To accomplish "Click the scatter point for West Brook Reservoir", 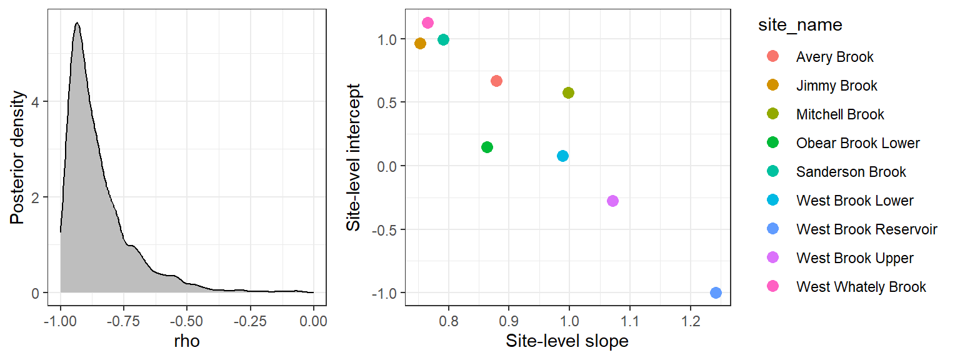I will [x=716, y=292].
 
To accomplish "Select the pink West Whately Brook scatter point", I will [x=428, y=23].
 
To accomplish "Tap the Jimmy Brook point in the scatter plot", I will [x=420, y=43].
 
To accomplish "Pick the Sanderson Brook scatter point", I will [x=443, y=40].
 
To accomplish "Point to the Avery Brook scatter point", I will [x=496, y=81].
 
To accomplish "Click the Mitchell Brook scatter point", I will [x=568, y=93].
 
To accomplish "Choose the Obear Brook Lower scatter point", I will [x=487, y=147].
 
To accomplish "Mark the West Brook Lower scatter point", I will [x=562, y=156].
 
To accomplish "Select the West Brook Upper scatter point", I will [x=612, y=201].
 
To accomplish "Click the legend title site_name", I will [x=799, y=25].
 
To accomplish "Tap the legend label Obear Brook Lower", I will [x=857, y=143].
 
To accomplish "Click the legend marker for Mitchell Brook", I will [x=772, y=114].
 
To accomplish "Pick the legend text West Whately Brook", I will [x=861, y=287].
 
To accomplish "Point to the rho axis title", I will [x=187, y=341].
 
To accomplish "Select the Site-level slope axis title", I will [x=567, y=341].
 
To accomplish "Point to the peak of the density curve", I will [x=77, y=23].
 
